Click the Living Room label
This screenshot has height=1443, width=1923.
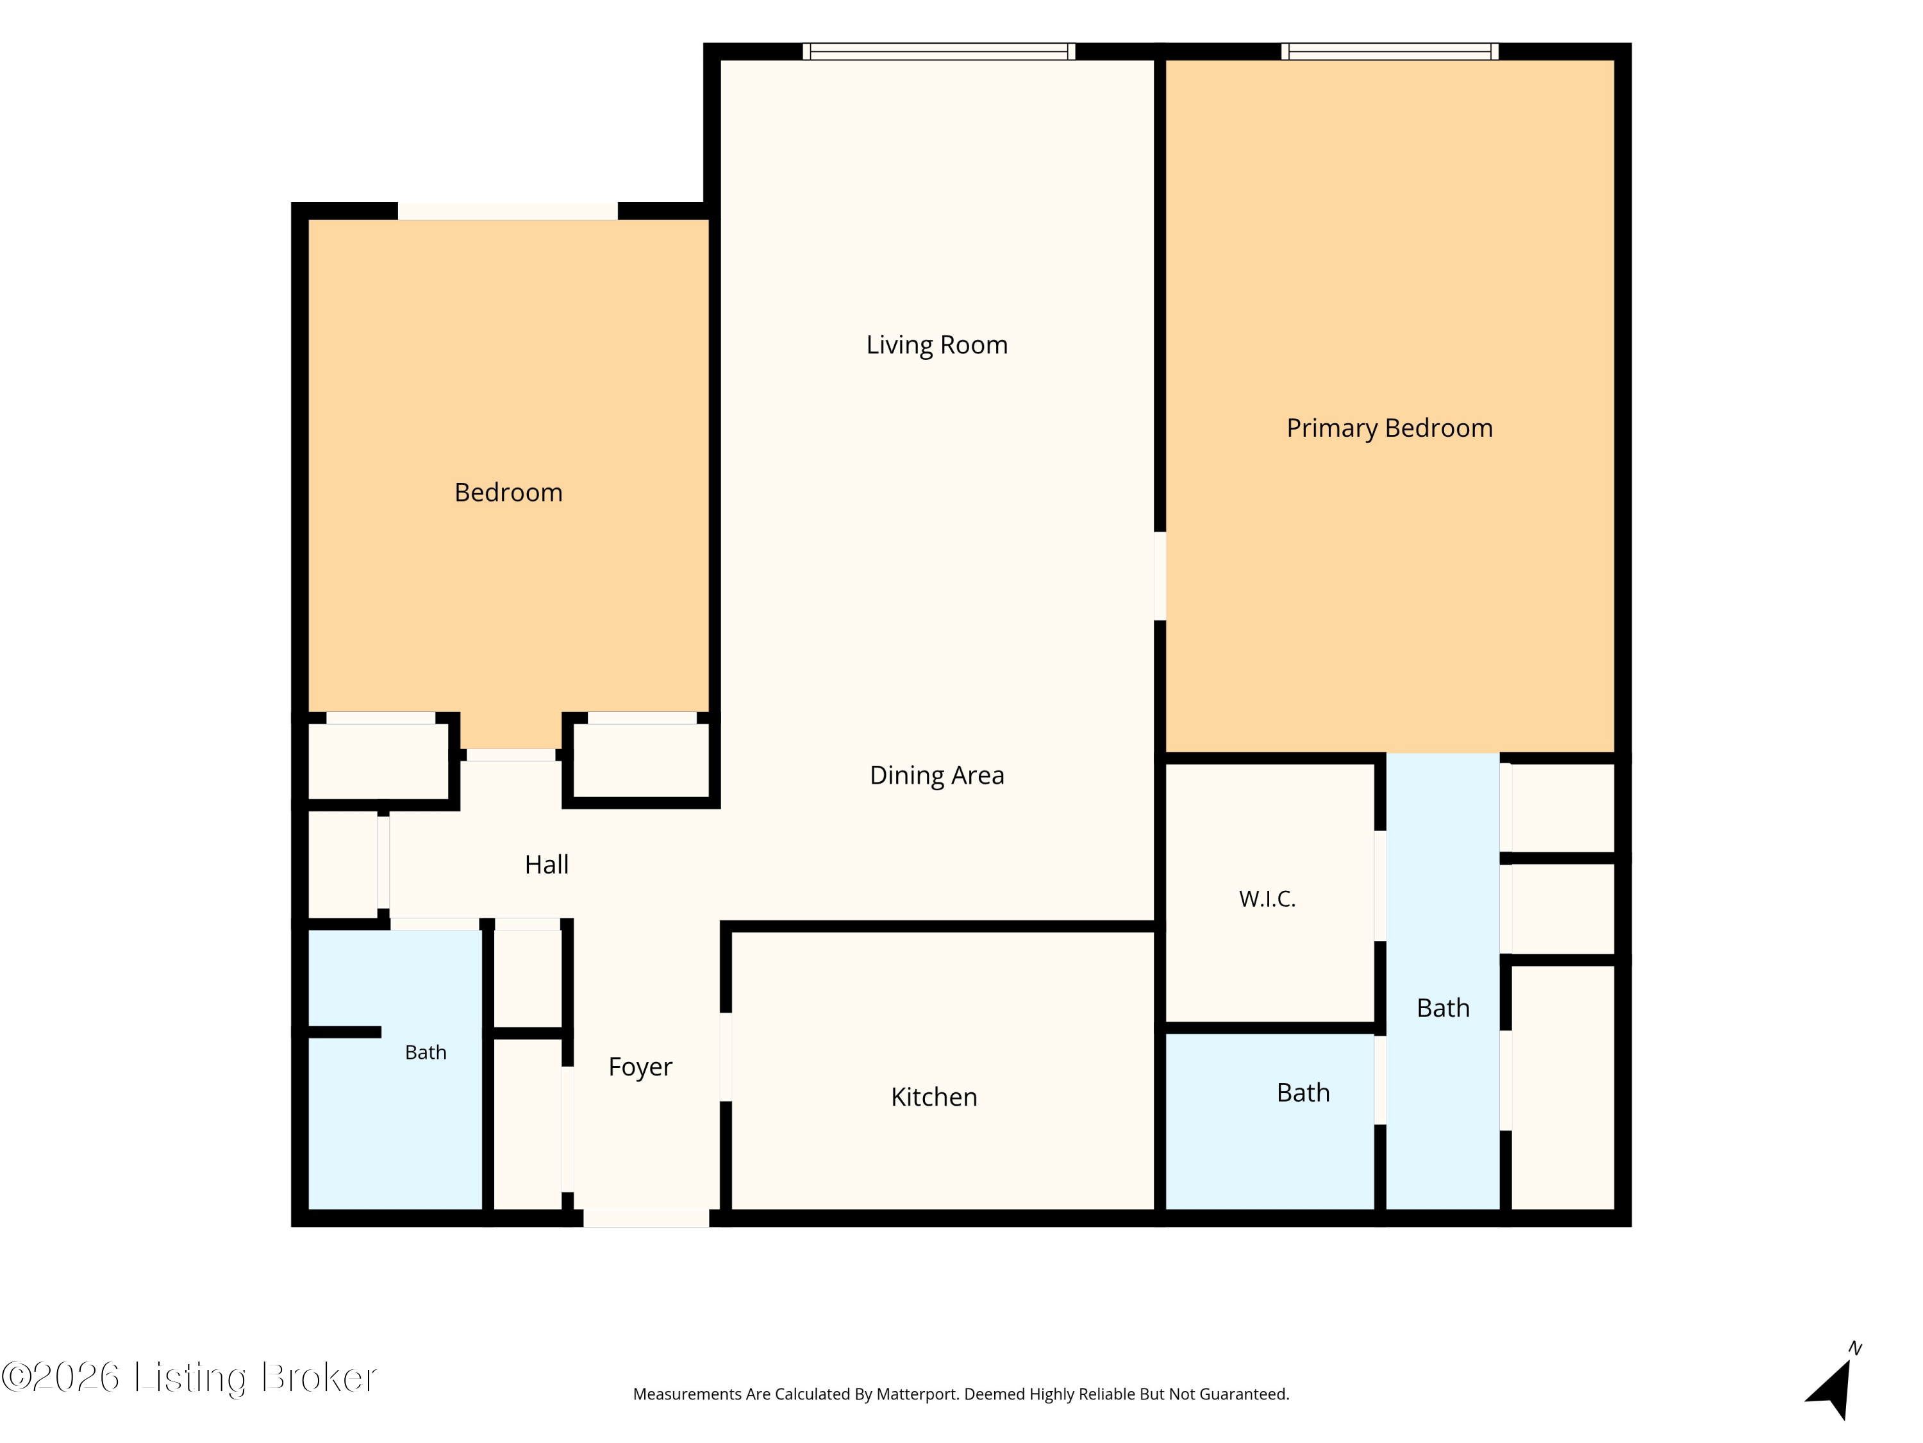pos(937,345)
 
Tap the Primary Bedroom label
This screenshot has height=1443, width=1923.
pos(1389,428)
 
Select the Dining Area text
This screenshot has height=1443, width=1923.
pos(937,775)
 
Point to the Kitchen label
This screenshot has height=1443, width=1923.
pos(934,1097)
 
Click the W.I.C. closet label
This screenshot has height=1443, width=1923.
pos(1267,899)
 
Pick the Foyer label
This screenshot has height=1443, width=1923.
pos(640,1067)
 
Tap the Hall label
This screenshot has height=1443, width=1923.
pos(546,865)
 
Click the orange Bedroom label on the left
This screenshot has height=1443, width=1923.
pos(508,493)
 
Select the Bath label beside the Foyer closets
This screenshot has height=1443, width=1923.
pos(425,1052)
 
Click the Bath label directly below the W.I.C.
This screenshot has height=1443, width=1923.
pos(1303,1092)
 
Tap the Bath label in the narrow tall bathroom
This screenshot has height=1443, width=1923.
pos(1442,1008)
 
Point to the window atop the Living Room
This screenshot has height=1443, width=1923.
pos(939,51)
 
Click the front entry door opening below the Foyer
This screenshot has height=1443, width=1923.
pos(646,1218)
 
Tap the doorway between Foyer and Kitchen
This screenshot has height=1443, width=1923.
pos(725,1057)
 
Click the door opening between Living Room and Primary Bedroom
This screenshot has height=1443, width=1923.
pos(1159,576)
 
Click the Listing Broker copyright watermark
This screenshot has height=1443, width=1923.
pos(188,1378)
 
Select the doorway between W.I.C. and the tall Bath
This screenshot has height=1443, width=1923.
pos(1379,886)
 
